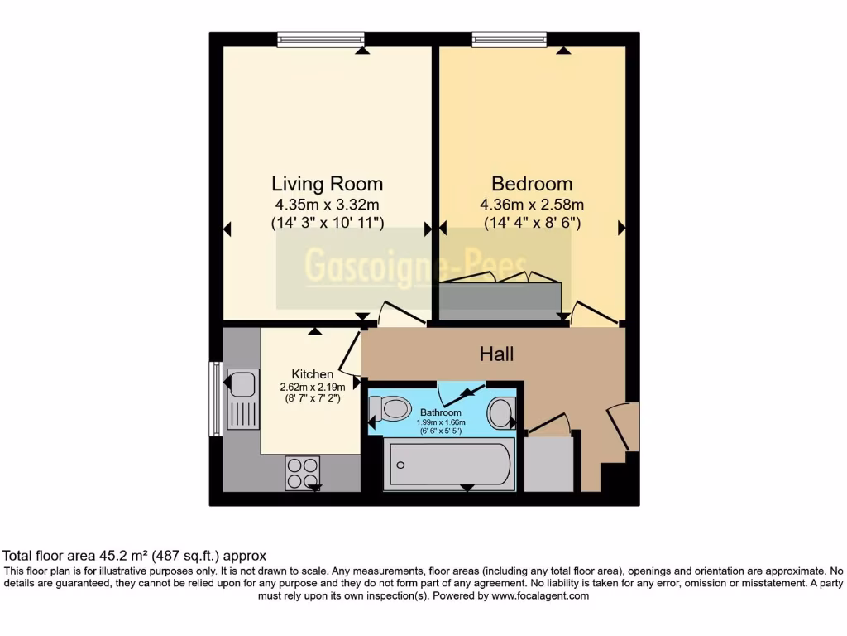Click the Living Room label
pyautogui.click(x=327, y=183)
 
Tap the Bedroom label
pyautogui.click(x=532, y=183)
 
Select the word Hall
pyautogui.click(x=497, y=354)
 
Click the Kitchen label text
pyautogui.click(x=313, y=374)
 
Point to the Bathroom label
pyautogui.click(x=440, y=412)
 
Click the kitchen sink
pyautogui.click(x=242, y=384)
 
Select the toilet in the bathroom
pyautogui.click(x=390, y=408)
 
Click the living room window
pyautogui.click(x=321, y=39)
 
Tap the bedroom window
pyautogui.click(x=510, y=39)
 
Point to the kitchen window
pyautogui.click(x=215, y=397)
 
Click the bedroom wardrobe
pyautogui.click(x=500, y=300)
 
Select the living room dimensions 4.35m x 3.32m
pyautogui.click(x=327, y=205)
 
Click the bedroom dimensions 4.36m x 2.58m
pyautogui.click(x=532, y=205)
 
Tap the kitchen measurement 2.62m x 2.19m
pyautogui.click(x=313, y=386)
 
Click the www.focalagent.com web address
pyautogui.click(x=540, y=595)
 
